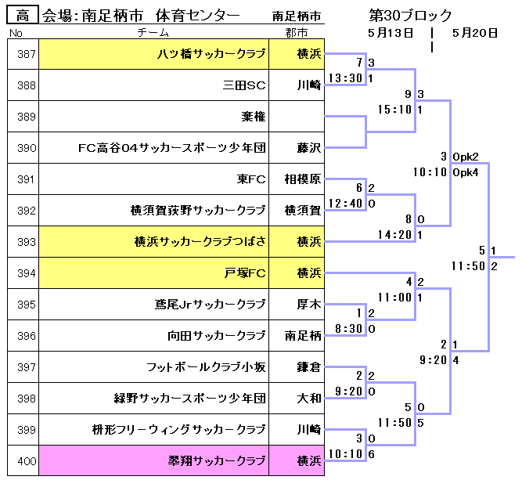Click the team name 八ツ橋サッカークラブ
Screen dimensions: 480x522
pos(211,54)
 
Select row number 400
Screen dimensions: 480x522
pos(27,461)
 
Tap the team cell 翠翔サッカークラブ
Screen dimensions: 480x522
pos(218,461)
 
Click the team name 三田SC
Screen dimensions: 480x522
pos(244,85)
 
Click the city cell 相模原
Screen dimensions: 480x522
pos(302,179)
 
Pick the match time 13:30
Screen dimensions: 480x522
pos(345,78)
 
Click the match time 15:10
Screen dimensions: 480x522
pos(394,110)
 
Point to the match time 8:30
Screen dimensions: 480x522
pos(348,329)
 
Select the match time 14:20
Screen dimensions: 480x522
pos(394,235)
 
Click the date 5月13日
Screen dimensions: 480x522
pos(391,33)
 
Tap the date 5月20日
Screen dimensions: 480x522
pos(475,33)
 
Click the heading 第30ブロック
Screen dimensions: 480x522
pos(410,16)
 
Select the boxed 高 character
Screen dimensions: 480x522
pos(23,16)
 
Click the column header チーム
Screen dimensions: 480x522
pos(153,33)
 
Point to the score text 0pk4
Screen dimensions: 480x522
pos(466,171)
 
